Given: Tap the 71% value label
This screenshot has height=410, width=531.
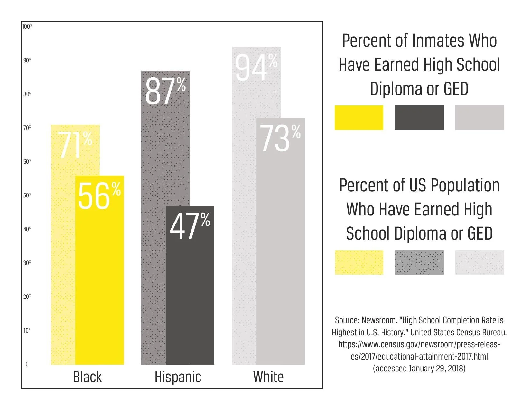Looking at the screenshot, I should pos(76,145).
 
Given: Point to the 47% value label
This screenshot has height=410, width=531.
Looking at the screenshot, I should pos(190,226).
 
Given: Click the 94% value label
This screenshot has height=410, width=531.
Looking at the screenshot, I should pos(256,68).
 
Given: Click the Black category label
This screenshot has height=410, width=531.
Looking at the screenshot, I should pos(87,377).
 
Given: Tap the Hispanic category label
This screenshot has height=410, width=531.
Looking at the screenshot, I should pos(178,377).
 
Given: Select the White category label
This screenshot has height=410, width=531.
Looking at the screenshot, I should pos(268,377).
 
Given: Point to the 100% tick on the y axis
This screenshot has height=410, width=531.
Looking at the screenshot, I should pos(27,26).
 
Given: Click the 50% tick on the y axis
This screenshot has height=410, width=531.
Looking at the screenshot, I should pos(27,195).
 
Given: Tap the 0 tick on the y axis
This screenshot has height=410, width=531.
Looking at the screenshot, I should pos(27,364).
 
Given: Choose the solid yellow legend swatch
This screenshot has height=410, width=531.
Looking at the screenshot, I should pos(359,118).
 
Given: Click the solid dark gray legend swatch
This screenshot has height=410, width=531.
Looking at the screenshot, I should pos(419,118).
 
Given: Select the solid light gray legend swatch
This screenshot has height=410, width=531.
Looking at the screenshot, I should pos(479,118).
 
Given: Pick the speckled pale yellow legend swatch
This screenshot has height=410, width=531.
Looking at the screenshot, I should pos(359,262).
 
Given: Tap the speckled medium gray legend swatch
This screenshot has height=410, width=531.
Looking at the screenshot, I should pos(419,262).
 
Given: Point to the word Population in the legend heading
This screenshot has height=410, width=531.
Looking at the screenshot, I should pos(465,186).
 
